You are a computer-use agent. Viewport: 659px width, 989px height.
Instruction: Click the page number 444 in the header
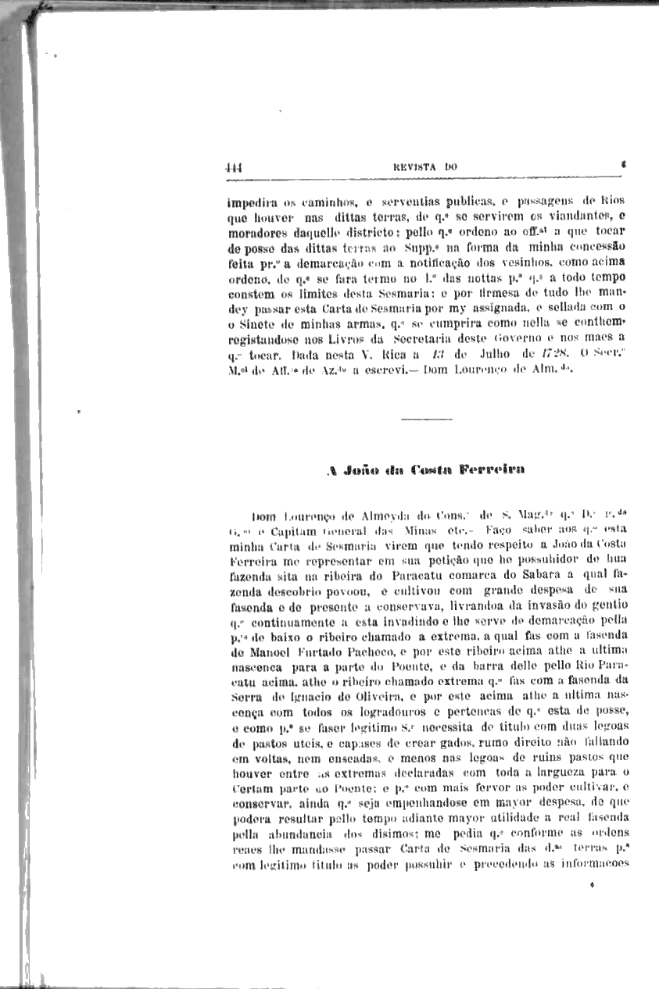point(233,166)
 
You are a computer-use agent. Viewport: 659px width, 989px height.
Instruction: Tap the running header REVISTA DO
point(424,166)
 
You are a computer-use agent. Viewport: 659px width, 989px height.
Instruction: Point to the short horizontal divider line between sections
point(426,420)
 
